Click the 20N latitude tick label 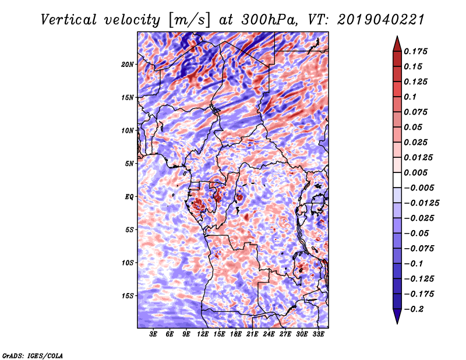click(x=128, y=64)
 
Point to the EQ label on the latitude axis click(x=129, y=197)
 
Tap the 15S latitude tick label click(x=128, y=296)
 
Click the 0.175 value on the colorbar click(x=417, y=51)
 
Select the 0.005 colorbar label click(x=417, y=172)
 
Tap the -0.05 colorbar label click(x=417, y=233)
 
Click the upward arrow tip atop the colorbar click(x=397, y=38)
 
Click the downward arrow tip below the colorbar click(x=397, y=322)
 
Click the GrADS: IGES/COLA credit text click(x=32, y=355)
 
